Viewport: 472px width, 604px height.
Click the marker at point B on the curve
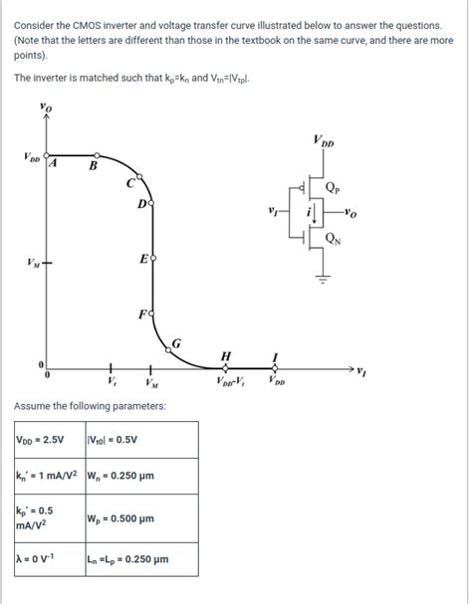pos(98,155)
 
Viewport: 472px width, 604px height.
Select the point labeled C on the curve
pos(140,177)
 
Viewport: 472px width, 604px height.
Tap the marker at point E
pos(153,258)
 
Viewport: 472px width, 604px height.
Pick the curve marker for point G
pos(168,350)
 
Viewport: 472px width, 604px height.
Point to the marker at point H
pos(226,368)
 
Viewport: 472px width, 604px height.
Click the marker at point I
pos(275,368)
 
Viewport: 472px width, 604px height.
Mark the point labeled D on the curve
pos(151,202)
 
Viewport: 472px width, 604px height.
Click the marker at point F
pos(152,314)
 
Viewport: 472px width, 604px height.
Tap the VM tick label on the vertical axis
pos(33,264)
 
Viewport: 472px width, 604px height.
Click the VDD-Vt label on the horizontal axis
pos(230,381)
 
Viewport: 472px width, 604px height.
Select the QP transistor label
pos(333,188)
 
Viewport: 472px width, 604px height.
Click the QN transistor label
pos(334,239)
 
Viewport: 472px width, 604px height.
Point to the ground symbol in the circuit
pos(323,279)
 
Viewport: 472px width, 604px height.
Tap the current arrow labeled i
pos(315,213)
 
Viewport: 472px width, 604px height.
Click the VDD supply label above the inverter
pos(324,140)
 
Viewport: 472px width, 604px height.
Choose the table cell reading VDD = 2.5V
pos(50,440)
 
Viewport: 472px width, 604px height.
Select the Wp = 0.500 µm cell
pos(142,518)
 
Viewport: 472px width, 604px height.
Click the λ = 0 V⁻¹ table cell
pos(50,559)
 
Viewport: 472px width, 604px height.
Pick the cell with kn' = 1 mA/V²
pos(50,476)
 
